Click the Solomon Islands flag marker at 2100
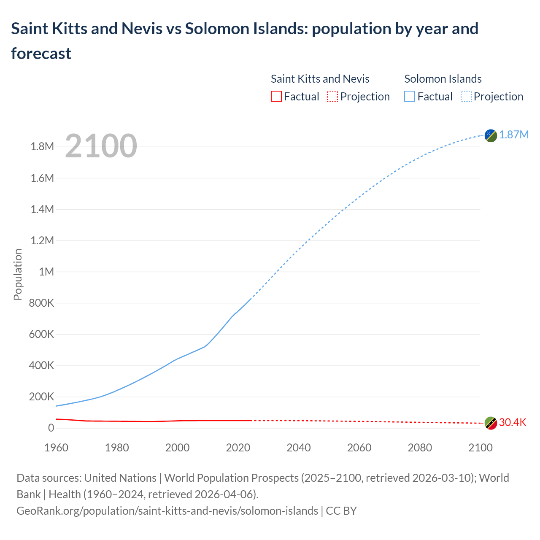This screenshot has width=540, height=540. coord(491,135)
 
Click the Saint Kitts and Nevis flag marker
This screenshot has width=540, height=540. coord(491,423)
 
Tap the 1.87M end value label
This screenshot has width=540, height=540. coord(514,135)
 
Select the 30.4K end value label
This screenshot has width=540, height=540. coord(513,422)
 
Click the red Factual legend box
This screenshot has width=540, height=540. coord(276,97)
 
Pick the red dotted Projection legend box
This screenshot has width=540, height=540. coord(332,97)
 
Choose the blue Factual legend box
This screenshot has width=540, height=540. coord(409,97)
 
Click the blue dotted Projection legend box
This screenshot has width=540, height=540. coord(466,97)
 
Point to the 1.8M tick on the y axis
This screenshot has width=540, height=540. coord(42,147)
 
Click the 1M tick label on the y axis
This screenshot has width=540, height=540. coord(46,272)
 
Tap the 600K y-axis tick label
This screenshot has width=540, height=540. coord(41,334)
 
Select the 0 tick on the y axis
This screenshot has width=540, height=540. coord(51,428)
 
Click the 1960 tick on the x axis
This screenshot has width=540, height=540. coord(56,448)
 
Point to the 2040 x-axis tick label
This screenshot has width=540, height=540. coord(299,448)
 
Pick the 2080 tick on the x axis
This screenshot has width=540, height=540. coord(420,448)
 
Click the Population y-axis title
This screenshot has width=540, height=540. coord(18,274)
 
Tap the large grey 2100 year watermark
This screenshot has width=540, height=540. coord(101,146)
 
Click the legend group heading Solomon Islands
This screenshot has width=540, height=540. coord(443,79)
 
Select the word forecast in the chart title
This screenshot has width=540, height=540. coord(41,54)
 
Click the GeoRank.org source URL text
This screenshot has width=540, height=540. coord(167,511)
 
